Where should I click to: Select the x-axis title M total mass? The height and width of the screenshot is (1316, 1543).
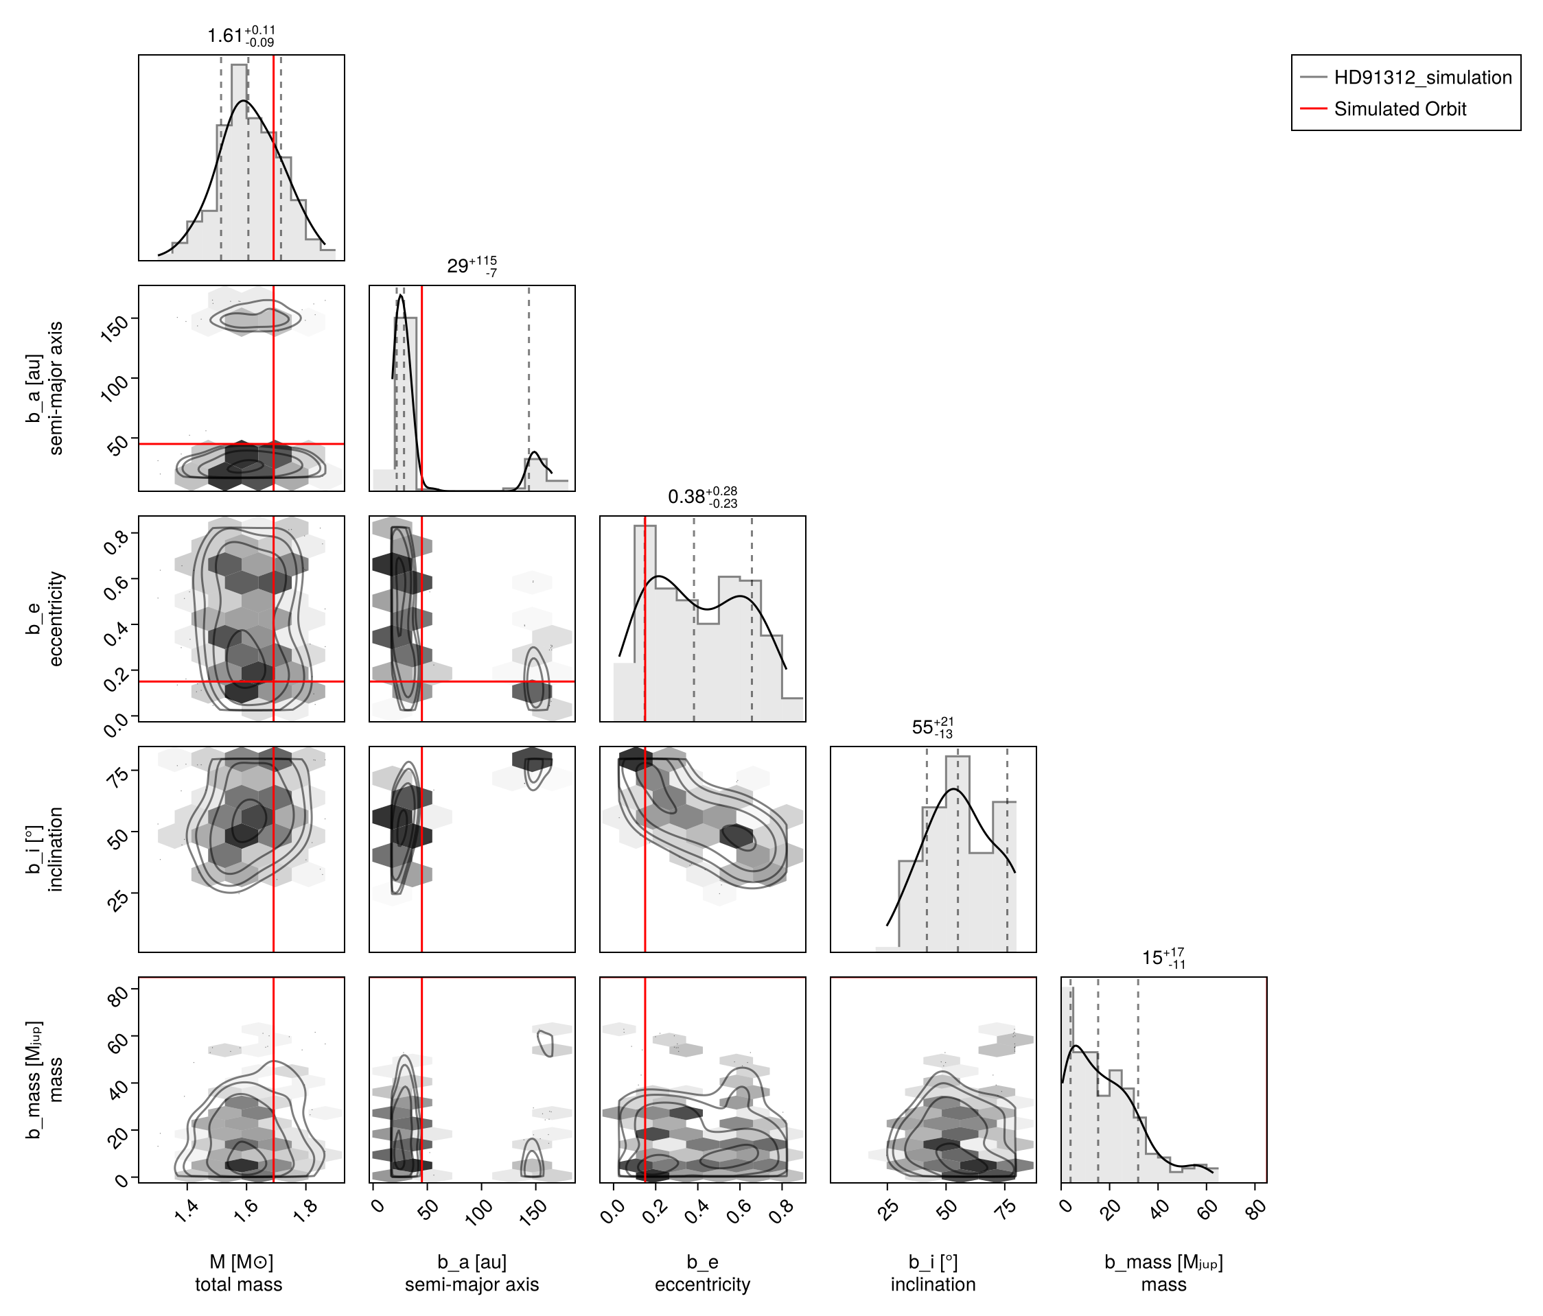(239, 1273)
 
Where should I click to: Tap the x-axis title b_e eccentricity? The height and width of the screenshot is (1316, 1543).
(702, 1273)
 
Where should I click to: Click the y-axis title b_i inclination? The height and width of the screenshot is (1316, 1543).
(45, 849)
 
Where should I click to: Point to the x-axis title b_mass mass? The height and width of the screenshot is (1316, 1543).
(1163, 1273)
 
